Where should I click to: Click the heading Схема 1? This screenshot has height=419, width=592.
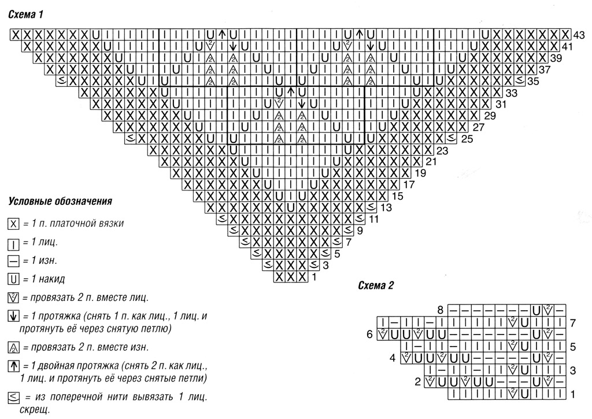point(26,14)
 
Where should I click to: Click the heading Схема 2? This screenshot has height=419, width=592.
point(376,285)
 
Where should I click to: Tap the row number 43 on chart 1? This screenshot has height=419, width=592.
point(579,35)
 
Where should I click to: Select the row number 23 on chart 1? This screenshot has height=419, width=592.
point(442,150)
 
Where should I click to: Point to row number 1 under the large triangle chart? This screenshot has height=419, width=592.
point(314,277)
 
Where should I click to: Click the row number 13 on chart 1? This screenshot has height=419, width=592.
point(386,207)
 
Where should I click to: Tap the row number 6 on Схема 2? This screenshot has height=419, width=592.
point(369,335)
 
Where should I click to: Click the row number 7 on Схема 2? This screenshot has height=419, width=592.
point(573,323)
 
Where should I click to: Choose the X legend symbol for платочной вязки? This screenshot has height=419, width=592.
point(13,224)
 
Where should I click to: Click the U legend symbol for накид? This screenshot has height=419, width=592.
point(13,280)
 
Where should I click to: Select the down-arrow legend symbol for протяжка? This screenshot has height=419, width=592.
point(13,316)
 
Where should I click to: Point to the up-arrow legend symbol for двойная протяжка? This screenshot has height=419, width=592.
point(13,366)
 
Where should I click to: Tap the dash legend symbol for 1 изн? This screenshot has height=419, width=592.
point(13,260)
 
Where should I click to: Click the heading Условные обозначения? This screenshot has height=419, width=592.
point(60,201)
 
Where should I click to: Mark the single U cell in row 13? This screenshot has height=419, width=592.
point(290,208)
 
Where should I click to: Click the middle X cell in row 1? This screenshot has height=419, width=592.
point(290,277)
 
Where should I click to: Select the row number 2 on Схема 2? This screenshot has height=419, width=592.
point(417,382)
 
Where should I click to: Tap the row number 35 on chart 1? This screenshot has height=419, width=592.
point(534,81)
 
